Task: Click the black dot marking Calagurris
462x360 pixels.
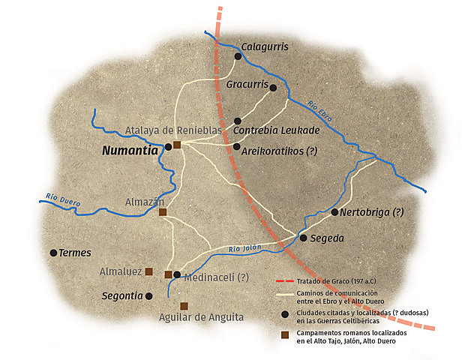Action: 238,55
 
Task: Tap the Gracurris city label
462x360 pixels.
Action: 247,85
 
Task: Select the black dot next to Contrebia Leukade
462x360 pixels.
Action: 238,121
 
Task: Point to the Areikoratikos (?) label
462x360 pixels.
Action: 280,150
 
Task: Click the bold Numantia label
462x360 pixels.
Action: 130,150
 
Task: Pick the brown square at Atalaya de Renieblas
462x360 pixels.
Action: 177,145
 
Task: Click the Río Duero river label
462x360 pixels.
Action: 62,199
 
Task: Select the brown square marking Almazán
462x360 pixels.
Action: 163,212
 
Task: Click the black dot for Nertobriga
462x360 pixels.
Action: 334,212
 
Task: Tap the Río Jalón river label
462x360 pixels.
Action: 246,248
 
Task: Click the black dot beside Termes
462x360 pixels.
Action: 53,253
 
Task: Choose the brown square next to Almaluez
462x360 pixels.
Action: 149,271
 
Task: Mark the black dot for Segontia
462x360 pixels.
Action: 149,296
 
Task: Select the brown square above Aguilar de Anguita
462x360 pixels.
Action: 184,306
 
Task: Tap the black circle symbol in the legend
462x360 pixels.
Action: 284,315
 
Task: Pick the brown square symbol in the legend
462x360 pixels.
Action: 284,335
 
